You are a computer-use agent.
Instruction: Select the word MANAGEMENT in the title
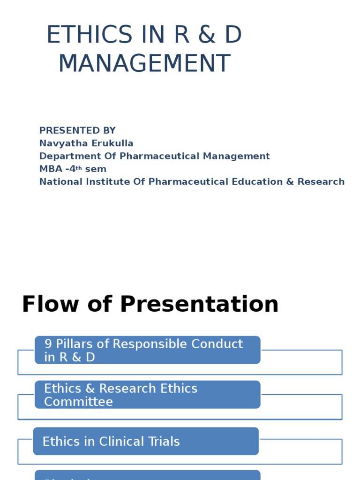pyautogui.click(x=144, y=63)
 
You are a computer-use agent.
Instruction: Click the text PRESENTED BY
pyautogui.click(x=77, y=131)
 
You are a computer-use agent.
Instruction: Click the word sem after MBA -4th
pyautogui.click(x=96, y=169)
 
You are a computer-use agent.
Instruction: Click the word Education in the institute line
pyautogui.click(x=256, y=181)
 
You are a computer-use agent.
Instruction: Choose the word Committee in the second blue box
pyautogui.click(x=78, y=402)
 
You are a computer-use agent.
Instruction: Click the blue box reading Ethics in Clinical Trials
pyautogui.click(x=146, y=441)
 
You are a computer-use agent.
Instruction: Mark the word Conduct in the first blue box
pyautogui.click(x=217, y=344)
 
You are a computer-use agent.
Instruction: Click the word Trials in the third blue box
pyautogui.click(x=163, y=442)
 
